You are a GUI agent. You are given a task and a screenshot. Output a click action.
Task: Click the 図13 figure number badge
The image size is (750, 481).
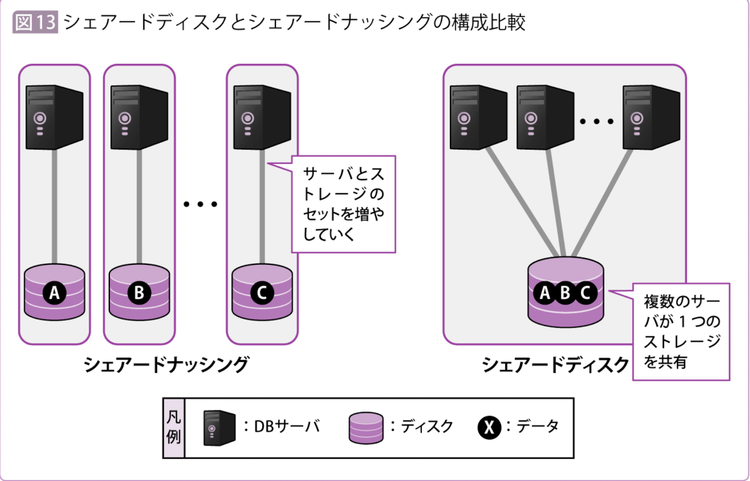coord(34,23)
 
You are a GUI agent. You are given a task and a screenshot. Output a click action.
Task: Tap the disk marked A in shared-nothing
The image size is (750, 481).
coord(54,291)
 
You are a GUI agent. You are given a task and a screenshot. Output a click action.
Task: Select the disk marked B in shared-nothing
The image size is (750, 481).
coord(139,291)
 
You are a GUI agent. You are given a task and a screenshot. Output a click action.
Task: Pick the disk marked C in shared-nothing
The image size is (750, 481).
coord(262,291)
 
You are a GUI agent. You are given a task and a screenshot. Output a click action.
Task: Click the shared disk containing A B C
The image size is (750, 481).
coord(566,293)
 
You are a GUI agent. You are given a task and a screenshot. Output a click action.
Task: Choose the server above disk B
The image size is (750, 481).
coord(138,117)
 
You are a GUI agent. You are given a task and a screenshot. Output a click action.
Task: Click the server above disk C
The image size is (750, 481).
coord(261,117)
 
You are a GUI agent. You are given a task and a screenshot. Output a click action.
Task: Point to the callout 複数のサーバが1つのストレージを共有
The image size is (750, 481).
coord(682,331)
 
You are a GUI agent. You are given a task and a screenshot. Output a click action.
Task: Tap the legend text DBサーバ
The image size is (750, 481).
coord(287,427)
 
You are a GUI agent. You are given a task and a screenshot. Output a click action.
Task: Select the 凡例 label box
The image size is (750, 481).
coord(173,428)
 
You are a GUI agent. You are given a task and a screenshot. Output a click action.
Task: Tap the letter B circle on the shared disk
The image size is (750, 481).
coord(565,293)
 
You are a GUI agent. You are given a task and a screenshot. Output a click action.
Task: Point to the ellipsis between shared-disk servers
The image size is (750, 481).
coord(596,122)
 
